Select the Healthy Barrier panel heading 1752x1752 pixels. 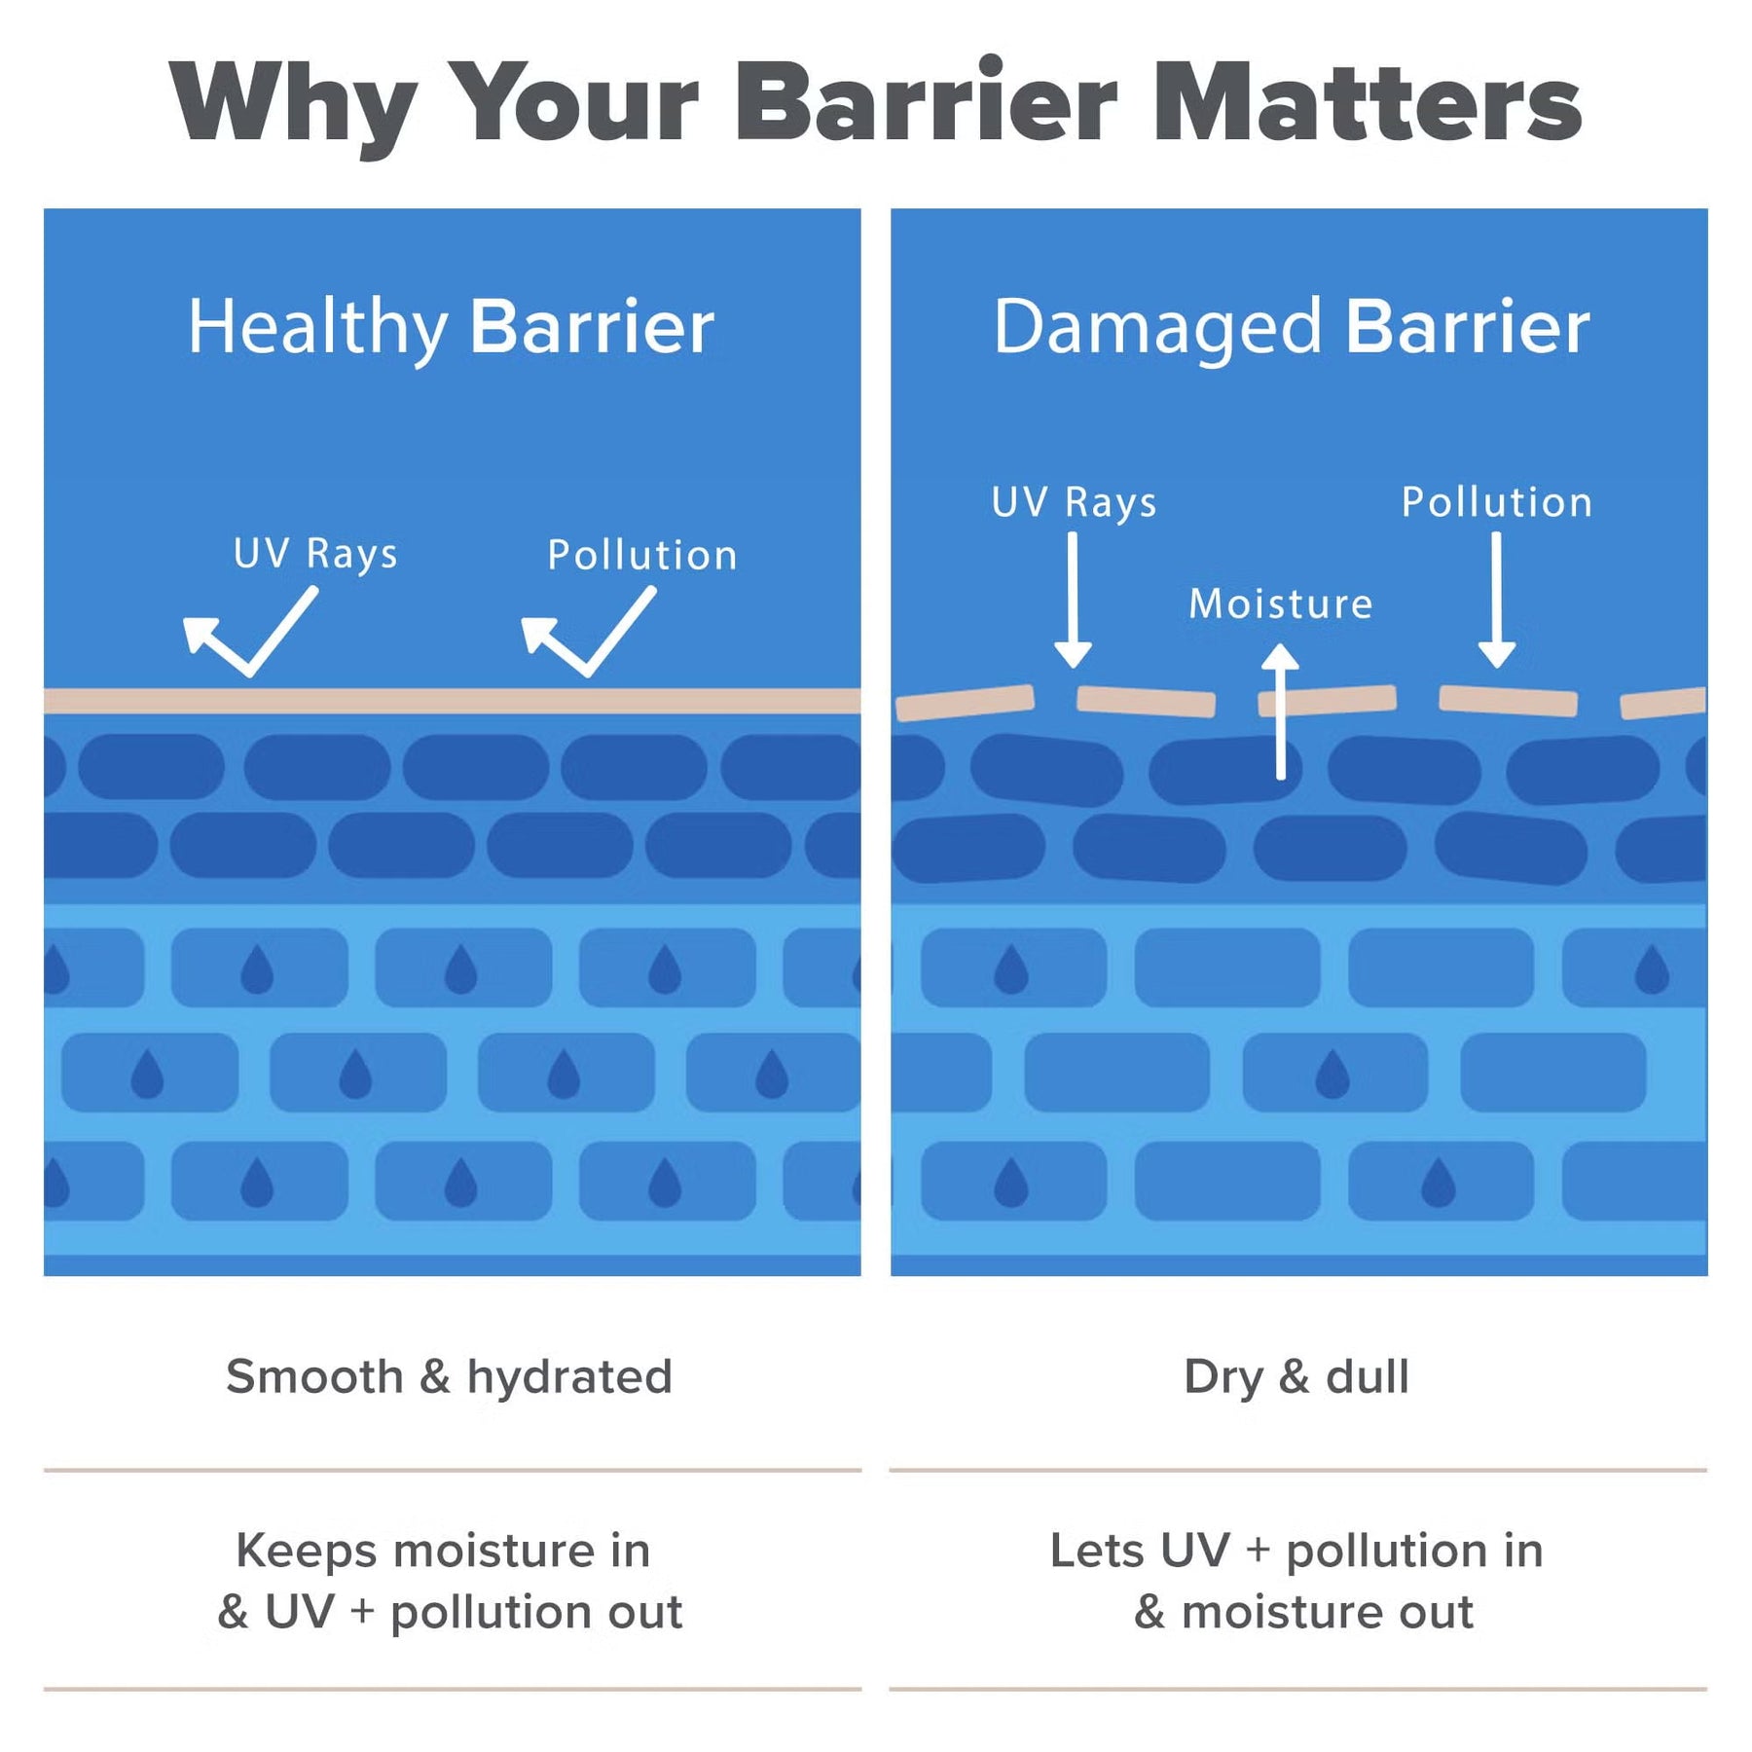click(x=451, y=328)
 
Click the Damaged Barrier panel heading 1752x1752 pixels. click(x=1292, y=328)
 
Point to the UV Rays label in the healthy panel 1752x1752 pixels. click(x=315, y=554)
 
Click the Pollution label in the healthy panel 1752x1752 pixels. click(x=642, y=555)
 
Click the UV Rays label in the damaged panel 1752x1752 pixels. click(x=1074, y=502)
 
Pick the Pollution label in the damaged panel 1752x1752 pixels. click(x=1497, y=502)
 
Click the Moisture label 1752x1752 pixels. click(x=1281, y=603)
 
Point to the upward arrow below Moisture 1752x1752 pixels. click(x=1281, y=712)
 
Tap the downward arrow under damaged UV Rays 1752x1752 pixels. click(x=1073, y=601)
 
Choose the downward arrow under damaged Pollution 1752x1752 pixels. click(x=1497, y=601)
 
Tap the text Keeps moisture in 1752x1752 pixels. click(x=443, y=1551)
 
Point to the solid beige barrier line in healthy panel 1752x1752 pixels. click(x=452, y=701)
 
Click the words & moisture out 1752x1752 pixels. click(x=1303, y=1612)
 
